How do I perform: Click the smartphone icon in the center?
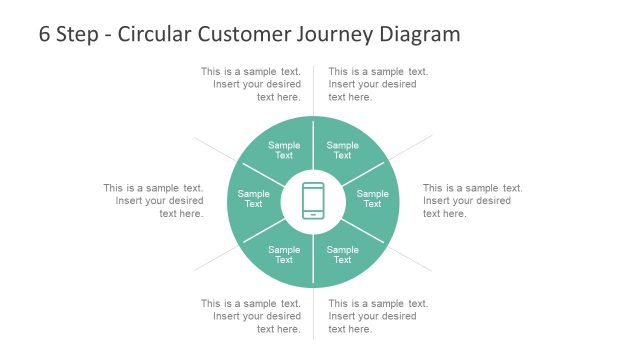[313, 200]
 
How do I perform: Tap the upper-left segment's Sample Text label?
[284, 150]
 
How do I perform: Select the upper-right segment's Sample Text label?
[342, 150]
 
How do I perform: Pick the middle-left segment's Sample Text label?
[254, 199]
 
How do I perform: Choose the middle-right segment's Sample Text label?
[372, 199]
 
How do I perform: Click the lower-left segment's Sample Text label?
[284, 254]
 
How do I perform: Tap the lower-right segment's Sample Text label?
[342, 254]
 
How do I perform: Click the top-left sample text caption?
[250, 84]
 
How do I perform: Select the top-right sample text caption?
[378, 84]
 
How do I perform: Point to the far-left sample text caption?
[153, 200]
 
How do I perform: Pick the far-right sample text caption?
[472, 200]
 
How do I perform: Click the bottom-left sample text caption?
[250, 316]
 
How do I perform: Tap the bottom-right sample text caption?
[378, 316]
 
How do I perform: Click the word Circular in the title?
[156, 34]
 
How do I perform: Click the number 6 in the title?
[45, 34]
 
